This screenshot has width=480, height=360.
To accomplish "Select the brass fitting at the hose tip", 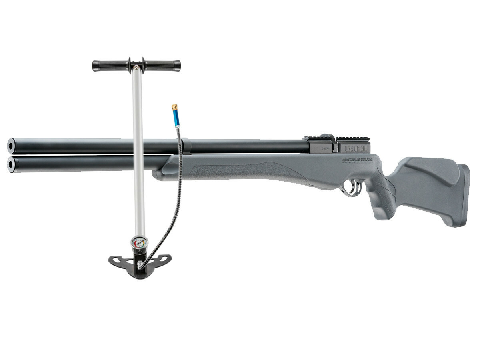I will [175, 107].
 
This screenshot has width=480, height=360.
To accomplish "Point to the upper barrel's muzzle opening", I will [11, 146].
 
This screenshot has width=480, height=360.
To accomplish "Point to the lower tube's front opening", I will [11, 164].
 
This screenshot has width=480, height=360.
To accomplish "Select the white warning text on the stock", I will [357, 160].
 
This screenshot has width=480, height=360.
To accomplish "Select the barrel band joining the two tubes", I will [186, 147].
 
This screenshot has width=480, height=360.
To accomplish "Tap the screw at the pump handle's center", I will [137, 66].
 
